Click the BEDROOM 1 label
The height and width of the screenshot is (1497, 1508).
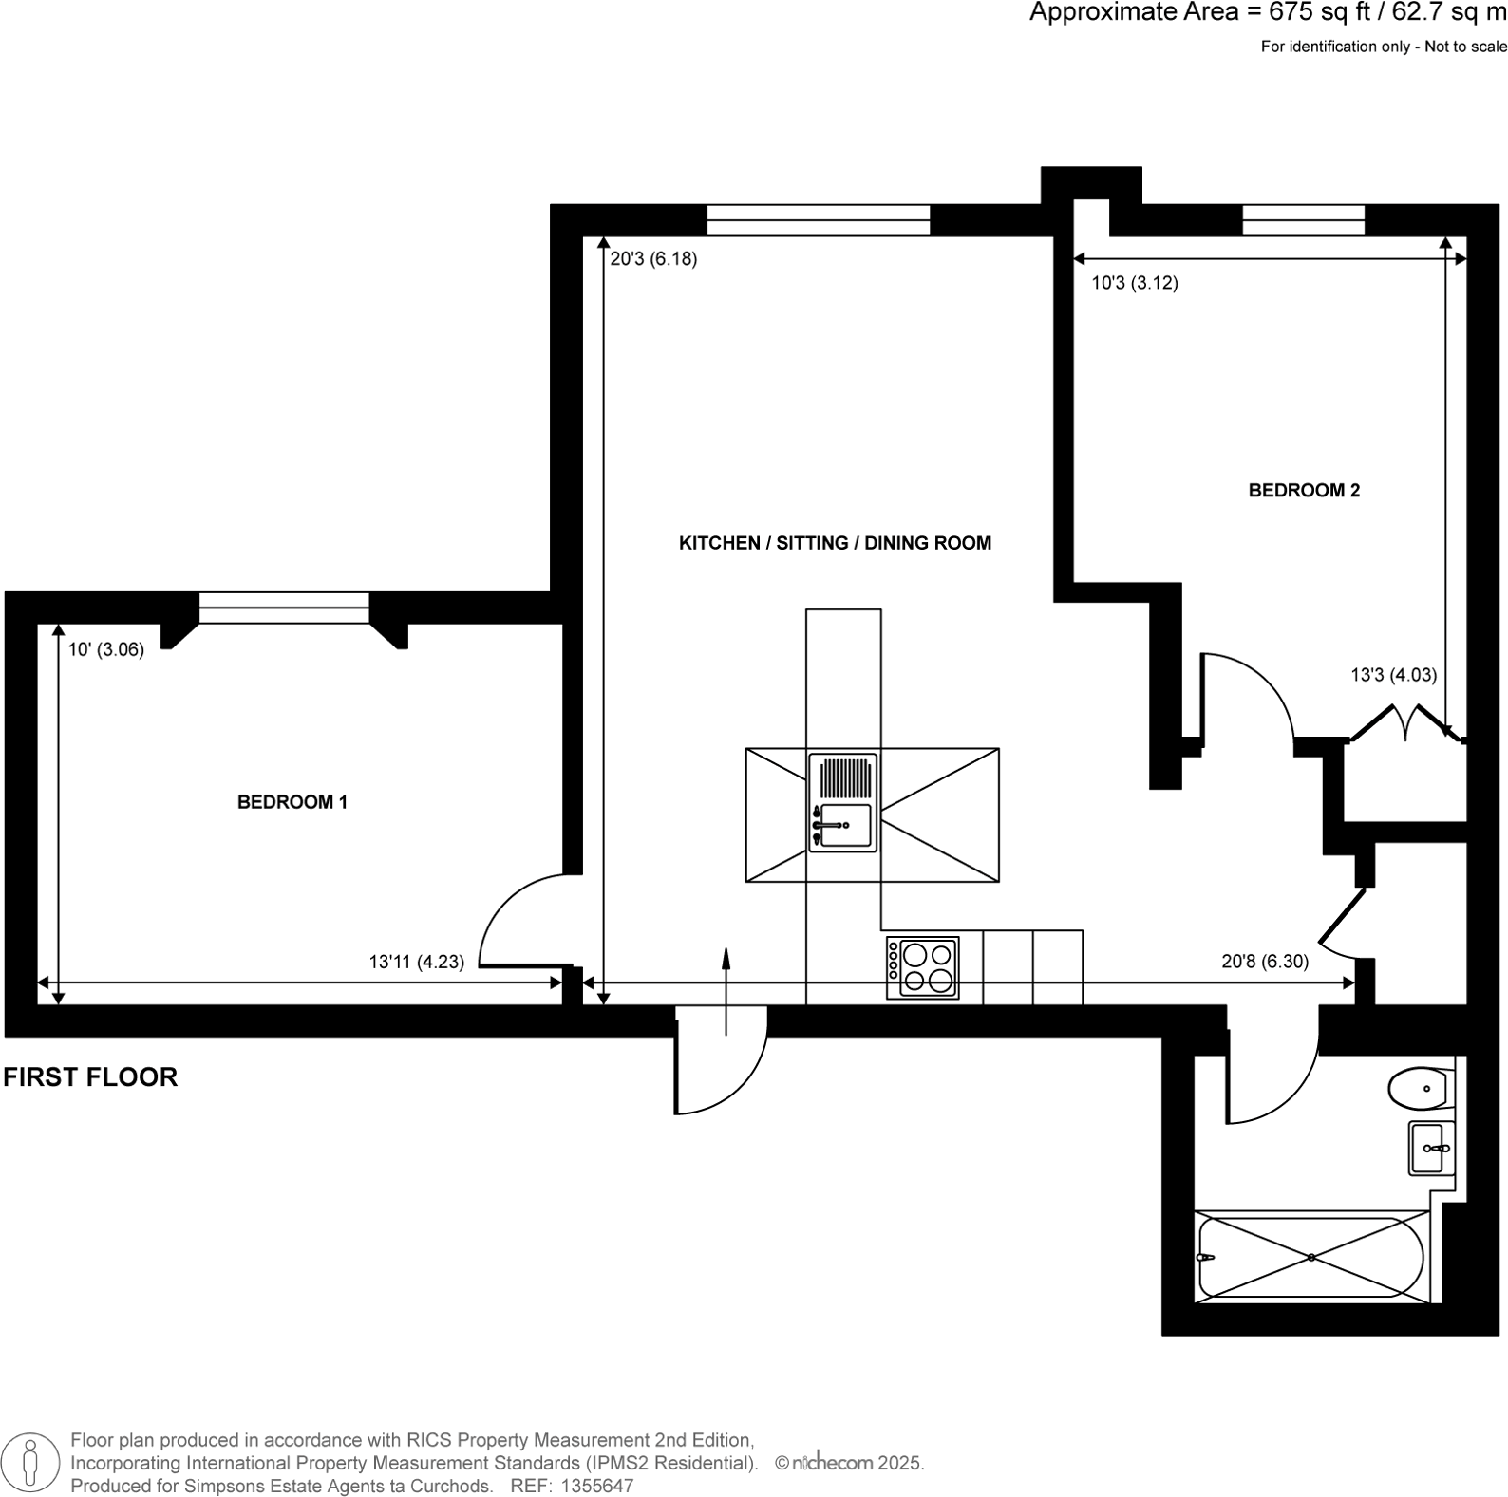coord(292,802)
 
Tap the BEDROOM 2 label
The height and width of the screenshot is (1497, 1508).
coord(1303,491)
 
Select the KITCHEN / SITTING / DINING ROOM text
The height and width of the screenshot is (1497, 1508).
coord(835,543)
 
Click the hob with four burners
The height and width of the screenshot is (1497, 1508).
coord(922,967)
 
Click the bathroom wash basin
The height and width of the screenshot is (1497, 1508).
coord(1430,1149)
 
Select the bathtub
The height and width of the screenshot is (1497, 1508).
coord(1310,1258)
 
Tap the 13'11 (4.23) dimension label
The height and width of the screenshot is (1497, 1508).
coord(416,962)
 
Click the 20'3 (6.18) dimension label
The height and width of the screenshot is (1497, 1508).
coord(653,258)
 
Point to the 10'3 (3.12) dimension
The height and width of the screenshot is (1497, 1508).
coord(1134,283)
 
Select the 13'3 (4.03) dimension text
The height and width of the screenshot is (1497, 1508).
coord(1393,675)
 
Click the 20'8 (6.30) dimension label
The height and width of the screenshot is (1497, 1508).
coord(1264,962)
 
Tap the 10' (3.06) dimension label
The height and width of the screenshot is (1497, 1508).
coord(105,650)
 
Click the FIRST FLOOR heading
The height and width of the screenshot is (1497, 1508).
coord(90,1077)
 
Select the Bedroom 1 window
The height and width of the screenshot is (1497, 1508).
coord(284,608)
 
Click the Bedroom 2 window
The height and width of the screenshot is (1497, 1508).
coord(1303,220)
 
